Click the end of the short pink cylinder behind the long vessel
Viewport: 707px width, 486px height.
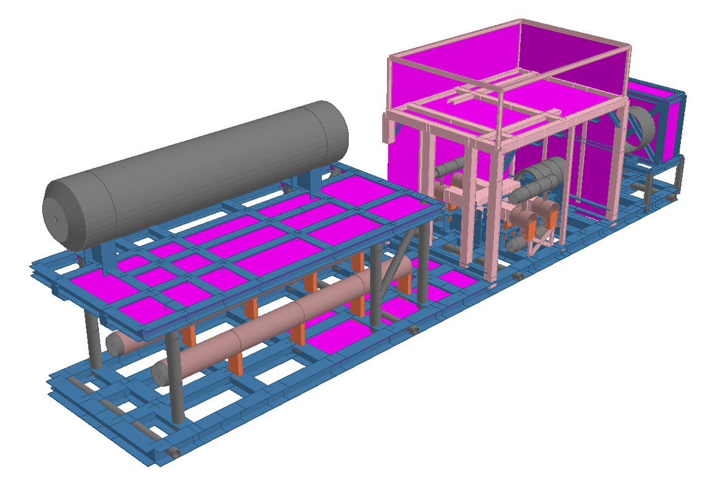tap(115, 342)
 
